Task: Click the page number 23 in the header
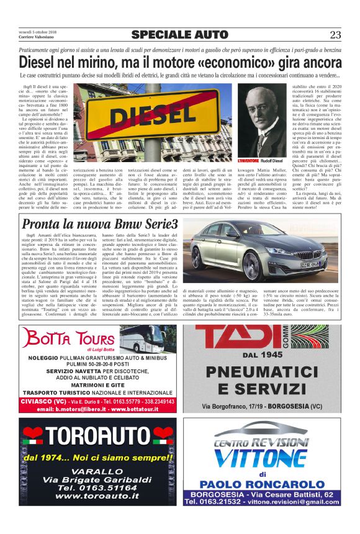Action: point(335,35)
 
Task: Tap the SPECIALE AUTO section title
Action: point(180,35)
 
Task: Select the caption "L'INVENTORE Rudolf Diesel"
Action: point(261,161)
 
